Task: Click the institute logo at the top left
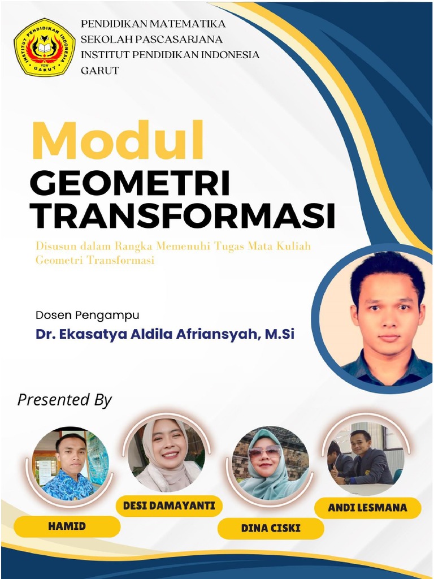pyautogui.click(x=45, y=47)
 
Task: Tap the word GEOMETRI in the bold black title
pyautogui.click(x=130, y=184)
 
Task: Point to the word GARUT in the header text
pyautogui.click(x=100, y=71)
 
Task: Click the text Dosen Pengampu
pyautogui.click(x=87, y=315)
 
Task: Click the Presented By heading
pyautogui.click(x=64, y=400)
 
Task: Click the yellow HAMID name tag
pyautogui.click(x=67, y=526)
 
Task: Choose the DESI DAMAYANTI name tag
pyautogui.click(x=169, y=505)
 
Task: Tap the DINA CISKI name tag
pyautogui.click(x=271, y=529)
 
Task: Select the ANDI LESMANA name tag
pyautogui.click(x=367, y=508)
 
